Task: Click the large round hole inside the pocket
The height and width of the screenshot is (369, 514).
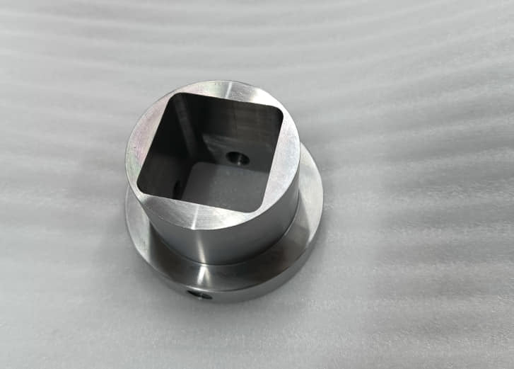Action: pos(238,157)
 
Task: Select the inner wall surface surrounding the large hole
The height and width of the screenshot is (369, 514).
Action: pos(247,142)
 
